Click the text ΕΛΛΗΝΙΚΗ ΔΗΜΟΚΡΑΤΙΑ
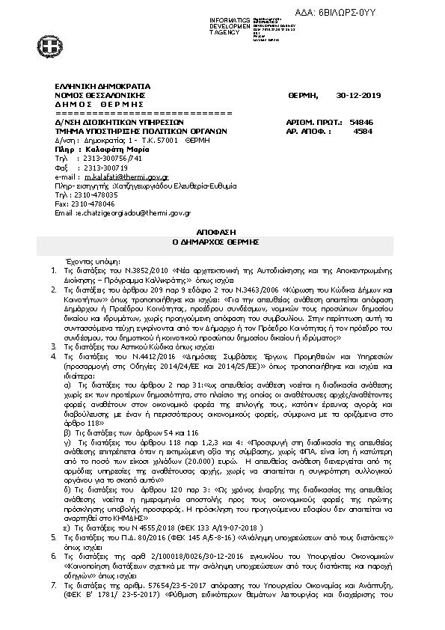tap(102, 86)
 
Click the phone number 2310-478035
tap(93, 195)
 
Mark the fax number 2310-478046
tap(93, 204)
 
